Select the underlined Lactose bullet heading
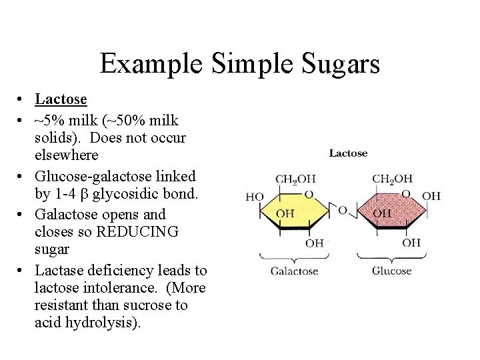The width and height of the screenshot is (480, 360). (61, 99)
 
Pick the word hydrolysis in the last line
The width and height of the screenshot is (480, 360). (106, 323)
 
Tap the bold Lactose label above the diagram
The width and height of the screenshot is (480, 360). (348, 153)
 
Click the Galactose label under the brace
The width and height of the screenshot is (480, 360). (295, 271)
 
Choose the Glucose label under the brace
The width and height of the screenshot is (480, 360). (391, 271)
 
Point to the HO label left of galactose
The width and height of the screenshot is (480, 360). (255, 197)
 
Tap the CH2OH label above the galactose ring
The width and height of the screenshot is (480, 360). (295, 179)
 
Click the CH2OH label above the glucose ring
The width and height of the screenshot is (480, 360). (392, 179)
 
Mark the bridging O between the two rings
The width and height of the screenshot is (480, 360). (343, 211)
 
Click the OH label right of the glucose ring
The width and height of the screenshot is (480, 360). (432, 195)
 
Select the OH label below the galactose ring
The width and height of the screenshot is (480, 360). (315, 243)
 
